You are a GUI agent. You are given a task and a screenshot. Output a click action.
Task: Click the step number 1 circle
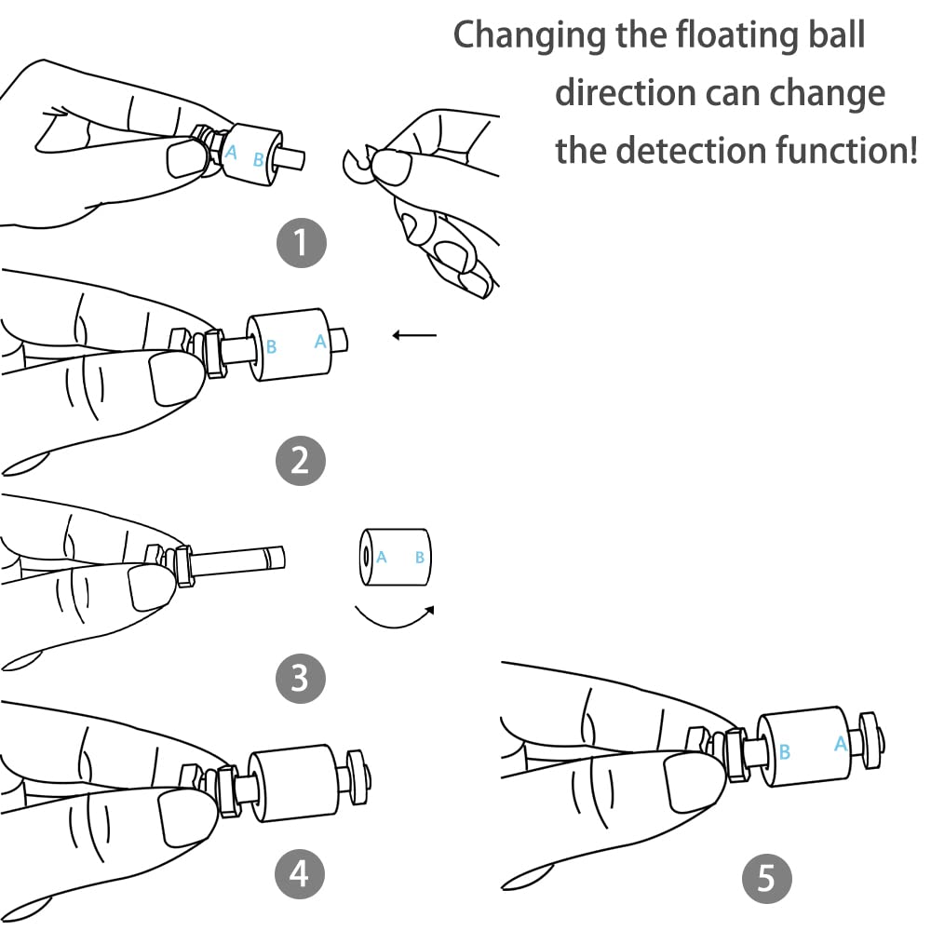(300, 244)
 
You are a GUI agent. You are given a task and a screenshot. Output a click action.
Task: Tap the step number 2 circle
(300, 460)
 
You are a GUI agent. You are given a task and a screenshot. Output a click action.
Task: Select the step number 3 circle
(300, 678)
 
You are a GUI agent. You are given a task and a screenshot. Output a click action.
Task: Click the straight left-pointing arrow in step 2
(414, 335)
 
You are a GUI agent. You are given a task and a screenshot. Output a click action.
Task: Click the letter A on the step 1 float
(231, 152)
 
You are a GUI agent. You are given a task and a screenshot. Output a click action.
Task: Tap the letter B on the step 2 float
(272, 347)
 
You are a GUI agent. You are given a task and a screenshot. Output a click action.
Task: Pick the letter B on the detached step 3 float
(420, 558)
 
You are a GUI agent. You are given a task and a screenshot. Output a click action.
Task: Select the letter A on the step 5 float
(841, 744)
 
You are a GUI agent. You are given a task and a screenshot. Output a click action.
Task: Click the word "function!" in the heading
(851, 149)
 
